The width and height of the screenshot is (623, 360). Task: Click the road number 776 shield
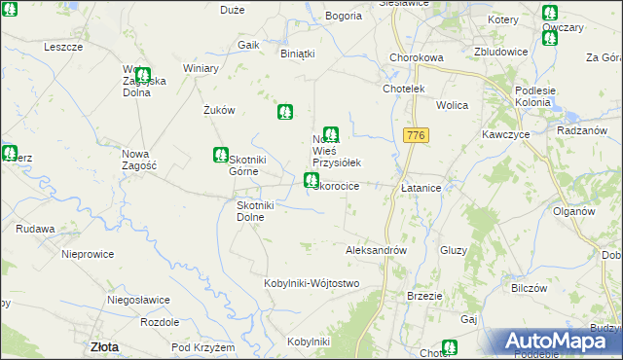417,135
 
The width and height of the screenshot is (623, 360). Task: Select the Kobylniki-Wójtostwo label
311,283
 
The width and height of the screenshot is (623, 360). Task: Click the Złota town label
104,345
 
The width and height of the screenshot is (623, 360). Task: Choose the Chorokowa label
416,57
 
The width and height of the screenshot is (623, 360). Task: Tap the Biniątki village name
298,54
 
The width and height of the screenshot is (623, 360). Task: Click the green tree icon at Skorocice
311,180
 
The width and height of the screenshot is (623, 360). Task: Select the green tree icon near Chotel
449,346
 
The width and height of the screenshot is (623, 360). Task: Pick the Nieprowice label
88,254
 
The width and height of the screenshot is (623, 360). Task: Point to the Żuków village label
220,110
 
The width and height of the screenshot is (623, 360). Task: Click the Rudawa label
34,230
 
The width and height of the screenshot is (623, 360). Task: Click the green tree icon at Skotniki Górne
221,154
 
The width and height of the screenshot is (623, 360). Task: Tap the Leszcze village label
63,46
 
